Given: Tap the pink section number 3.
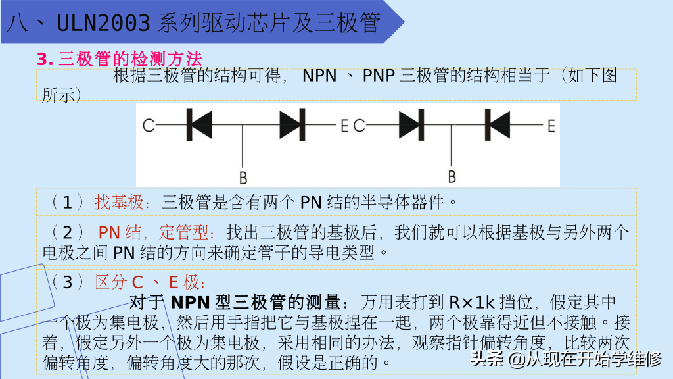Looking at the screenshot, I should (x=45, y=59).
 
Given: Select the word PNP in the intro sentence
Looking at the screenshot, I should (x=379, y=76).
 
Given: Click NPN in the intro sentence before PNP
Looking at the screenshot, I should (x=319, y=76).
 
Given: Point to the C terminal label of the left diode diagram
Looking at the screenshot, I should (x=149, y=125).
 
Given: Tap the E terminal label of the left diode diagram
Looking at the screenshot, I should (x=344, y=125).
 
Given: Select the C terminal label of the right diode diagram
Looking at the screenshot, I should (x=360, y=125).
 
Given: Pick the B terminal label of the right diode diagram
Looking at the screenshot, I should (x=452, y=176).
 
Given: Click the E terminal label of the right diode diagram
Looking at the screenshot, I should (x=551, y=125).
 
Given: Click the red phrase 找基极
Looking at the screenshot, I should (x=119, y=202).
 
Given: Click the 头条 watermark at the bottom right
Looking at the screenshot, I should (x=486, y=359).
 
